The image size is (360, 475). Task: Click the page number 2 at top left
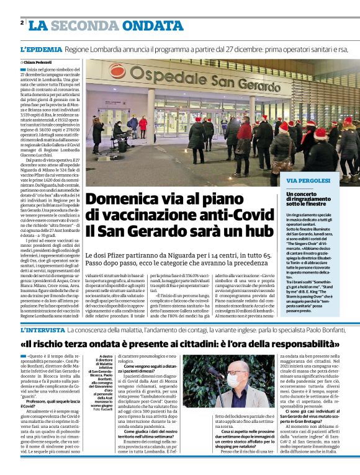pos(22,23)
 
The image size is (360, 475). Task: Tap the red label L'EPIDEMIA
pos(41,49)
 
